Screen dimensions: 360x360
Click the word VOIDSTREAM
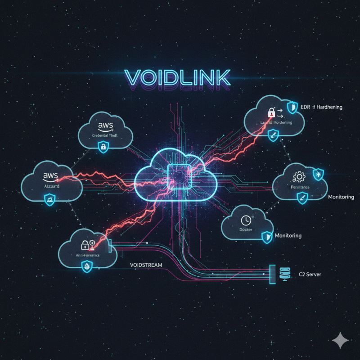145,265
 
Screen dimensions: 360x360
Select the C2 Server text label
310,274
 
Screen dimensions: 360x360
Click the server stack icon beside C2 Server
284,273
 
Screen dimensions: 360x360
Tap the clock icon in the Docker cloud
246,220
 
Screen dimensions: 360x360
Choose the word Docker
245,230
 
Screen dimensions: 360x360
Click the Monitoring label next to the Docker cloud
288,235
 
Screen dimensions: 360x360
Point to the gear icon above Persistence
298,176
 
